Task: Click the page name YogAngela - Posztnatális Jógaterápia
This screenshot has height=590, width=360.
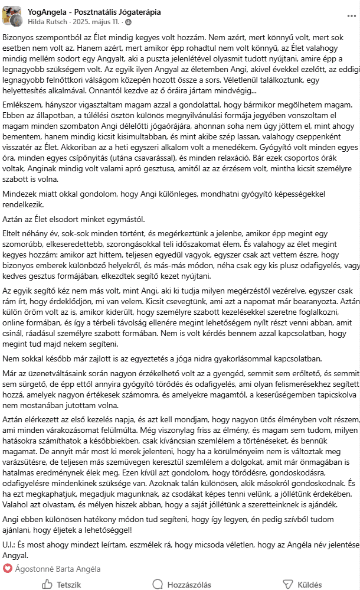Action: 94,12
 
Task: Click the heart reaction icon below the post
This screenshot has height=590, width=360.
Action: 8,568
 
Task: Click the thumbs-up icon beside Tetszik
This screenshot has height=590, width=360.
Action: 47,585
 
